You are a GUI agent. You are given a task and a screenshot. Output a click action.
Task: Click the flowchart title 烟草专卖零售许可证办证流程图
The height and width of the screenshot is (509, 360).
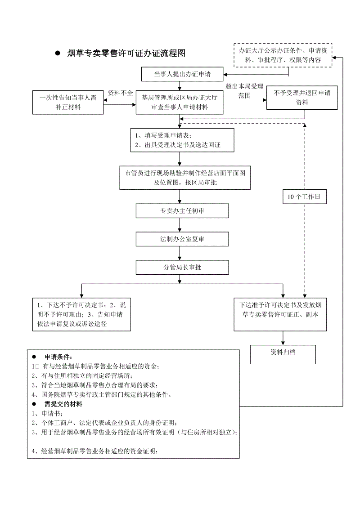point(126,53)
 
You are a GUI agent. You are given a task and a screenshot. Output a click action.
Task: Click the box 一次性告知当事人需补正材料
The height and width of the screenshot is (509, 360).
point(68,102)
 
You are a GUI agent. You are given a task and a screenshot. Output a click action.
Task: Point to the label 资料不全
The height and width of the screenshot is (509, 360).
point(120,93)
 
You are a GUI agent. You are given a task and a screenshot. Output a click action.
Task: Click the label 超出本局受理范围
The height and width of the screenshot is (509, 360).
point(244,91)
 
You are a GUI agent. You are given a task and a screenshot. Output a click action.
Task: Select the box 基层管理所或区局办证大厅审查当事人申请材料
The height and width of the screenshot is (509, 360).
point(180,102)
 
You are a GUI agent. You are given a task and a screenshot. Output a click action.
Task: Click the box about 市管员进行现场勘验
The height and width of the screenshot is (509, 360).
point(185,178)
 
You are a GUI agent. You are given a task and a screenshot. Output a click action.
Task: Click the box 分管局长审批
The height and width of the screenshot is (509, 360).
point(182,267)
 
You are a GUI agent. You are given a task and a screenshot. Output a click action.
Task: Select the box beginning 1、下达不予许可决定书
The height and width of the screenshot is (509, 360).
point(81,314)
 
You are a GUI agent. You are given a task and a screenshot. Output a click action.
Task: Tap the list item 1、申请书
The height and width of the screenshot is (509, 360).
point(47,413)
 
